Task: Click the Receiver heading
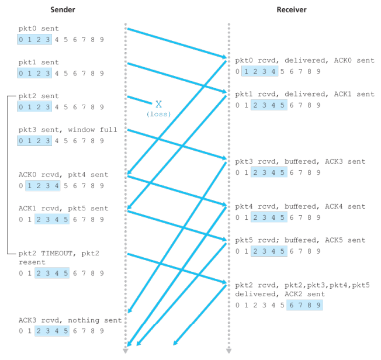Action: [291, 10]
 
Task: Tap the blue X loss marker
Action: [158, 104]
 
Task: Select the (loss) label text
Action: [158, 114]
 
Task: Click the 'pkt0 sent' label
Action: [39, 29]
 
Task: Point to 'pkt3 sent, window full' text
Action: [68, 130]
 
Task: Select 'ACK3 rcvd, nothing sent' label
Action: [70, 320]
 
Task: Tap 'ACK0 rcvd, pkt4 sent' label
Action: [64, 174]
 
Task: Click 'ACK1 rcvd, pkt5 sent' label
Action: [64, 208]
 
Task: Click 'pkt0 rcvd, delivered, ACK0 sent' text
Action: [304, 60]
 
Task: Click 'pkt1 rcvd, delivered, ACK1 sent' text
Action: [304, 94]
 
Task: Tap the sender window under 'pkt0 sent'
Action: [34, 40]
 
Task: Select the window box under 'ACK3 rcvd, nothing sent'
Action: [52, 331]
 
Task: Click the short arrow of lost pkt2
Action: [139, 100]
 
